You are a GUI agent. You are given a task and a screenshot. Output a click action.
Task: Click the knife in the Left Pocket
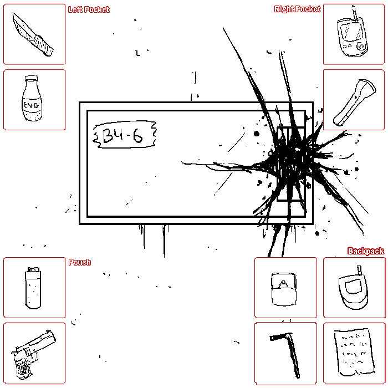33,34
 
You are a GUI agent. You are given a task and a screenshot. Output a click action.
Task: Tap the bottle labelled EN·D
32,99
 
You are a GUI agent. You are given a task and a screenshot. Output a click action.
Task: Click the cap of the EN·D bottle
32,78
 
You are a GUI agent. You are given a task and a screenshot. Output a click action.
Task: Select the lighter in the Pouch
33,288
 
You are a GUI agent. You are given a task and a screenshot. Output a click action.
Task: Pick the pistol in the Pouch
33,354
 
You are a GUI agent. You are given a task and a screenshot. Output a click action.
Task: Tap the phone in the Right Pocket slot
352,33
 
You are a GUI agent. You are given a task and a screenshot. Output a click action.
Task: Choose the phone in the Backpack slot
354,288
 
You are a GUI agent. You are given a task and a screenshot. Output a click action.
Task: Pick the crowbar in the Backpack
287,354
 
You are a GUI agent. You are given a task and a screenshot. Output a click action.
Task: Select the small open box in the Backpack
284,289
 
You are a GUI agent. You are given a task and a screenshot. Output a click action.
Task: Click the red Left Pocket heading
89,9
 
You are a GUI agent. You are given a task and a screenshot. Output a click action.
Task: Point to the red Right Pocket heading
297,9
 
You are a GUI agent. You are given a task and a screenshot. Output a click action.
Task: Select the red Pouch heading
80,262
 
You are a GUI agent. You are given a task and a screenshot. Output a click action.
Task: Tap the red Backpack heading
366,251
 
